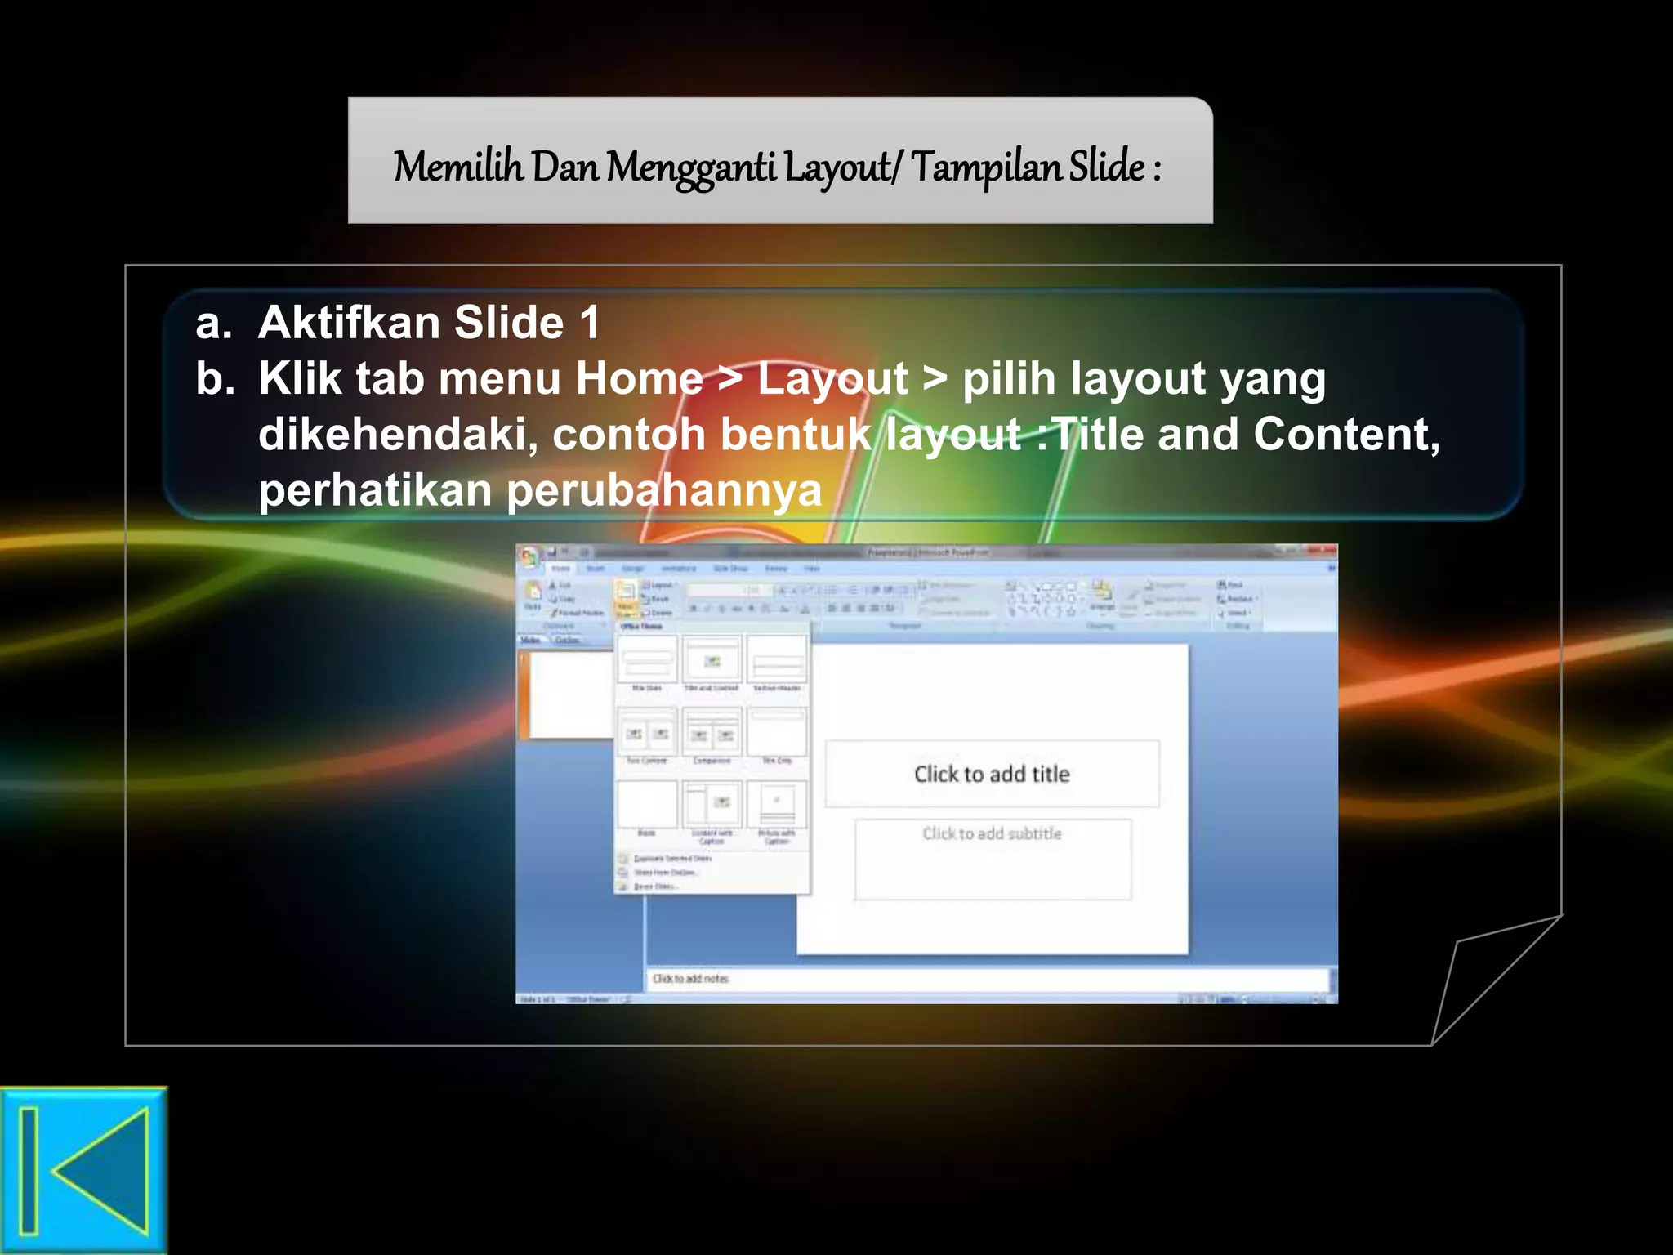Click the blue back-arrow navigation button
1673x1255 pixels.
(x=83, y=1170)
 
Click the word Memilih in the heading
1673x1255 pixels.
(x=457, y=167)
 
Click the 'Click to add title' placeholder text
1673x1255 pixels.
(x=991, y=774)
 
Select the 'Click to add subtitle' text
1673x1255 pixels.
(x=992, y=833)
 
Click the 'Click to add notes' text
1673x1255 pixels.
(x=690, y=978)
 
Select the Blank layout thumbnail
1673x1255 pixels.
(x=647, y=805)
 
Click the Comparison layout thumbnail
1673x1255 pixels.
(x=712, y=732)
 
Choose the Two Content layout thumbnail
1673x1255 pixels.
(x=647, y=732)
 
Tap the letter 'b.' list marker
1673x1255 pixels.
(x=215, y=379)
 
